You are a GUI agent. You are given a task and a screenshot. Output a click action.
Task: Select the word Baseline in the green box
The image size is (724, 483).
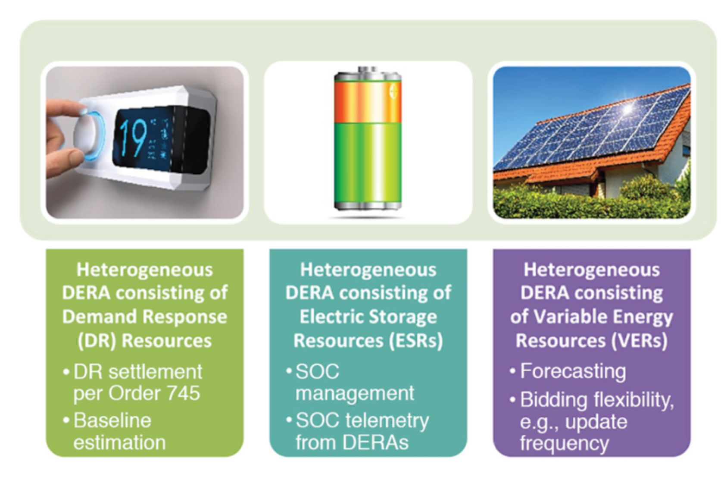coord(112,420)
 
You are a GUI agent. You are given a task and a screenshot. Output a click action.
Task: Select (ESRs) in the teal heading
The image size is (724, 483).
coord(416,341)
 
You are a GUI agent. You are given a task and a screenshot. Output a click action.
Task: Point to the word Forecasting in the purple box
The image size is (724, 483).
coord(573,371)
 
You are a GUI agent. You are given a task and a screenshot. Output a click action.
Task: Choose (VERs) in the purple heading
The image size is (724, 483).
coord(640,341)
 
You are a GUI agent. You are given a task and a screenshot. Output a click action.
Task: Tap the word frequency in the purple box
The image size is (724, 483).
coord(565,444)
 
